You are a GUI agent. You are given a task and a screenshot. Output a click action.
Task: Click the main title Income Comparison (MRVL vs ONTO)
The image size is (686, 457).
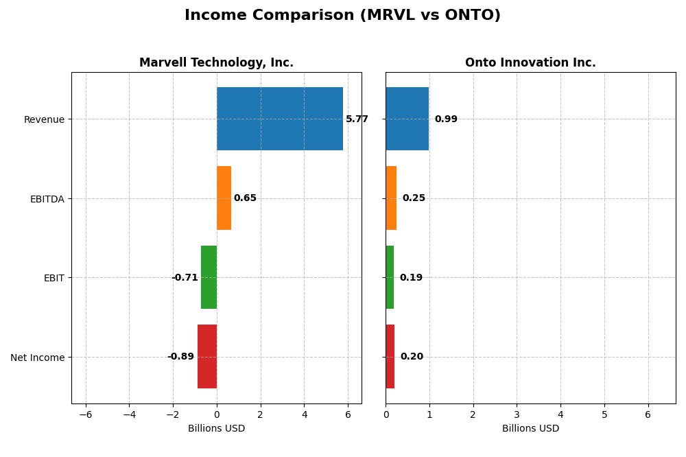click(x=342, y=15)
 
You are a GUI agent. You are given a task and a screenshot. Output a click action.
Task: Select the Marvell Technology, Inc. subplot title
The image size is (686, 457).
click(x=216, y=62)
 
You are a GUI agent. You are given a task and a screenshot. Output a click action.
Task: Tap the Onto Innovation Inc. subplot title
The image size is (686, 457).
click(x=530, y=62)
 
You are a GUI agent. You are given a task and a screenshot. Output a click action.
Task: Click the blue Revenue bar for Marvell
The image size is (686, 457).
click(x=279, y=119)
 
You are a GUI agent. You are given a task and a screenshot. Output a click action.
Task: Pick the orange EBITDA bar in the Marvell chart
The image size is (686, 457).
click(x=224, y=198)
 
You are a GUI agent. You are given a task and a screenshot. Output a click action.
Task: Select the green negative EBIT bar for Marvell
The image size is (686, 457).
click(x=209, y=277)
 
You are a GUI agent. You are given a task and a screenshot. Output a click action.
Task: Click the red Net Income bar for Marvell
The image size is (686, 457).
click(x=207, y=356)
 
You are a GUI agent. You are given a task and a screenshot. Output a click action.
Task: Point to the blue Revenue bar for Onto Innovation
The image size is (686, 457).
click(x=407, y=119)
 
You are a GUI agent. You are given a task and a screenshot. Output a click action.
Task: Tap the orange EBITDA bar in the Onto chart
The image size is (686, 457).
click(x=391, y=198)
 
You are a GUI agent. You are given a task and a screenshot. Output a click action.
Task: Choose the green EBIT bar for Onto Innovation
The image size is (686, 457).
click(x=390, y=277)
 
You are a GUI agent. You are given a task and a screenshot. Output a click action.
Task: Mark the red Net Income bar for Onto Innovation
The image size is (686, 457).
click(x=390, y=356)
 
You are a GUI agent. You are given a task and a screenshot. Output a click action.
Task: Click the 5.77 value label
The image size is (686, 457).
click(x=357, y=119)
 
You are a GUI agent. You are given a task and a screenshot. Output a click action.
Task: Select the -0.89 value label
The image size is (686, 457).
click(x=181, y=357)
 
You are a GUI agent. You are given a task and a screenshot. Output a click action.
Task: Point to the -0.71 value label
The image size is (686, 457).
click(x=185, y=278)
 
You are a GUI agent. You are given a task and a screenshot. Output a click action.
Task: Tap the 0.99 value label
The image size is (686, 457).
click(x=446, y=119)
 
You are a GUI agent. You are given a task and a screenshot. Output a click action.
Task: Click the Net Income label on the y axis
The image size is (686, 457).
click(x=38, y=358)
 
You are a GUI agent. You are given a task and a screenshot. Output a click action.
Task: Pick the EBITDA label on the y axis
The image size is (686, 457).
click(x=47, y=199)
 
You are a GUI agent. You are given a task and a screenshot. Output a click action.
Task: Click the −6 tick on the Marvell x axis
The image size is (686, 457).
click(x=86, y=414)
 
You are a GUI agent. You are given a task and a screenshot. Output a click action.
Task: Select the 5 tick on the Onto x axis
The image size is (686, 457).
click(x=604, y=414)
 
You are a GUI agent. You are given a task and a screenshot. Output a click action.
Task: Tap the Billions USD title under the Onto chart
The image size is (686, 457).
click(x=530, y=429)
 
